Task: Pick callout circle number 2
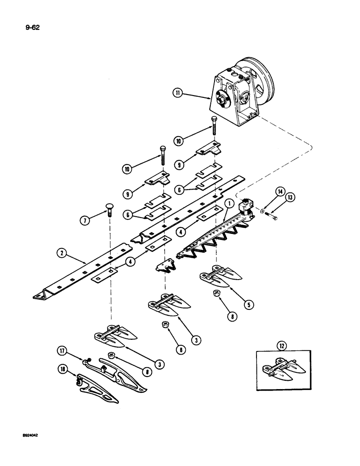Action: point(61,254)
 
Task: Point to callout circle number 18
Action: point(64,371)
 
